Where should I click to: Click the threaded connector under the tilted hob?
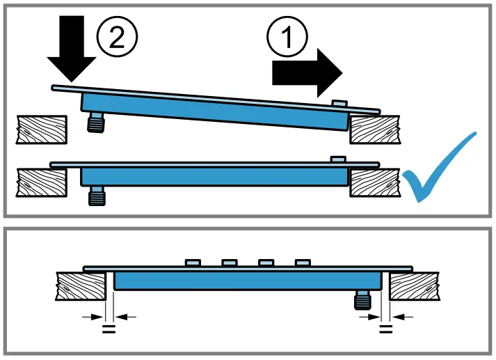pos(93,123)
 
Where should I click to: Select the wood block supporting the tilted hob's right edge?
pos(375,130)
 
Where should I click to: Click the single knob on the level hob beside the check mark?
pos(338,159)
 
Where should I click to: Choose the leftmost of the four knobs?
pos(193,263)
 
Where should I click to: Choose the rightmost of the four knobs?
pos(302,263)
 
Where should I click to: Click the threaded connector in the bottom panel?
pos(362,300)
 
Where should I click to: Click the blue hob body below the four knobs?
pos(247,281)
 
